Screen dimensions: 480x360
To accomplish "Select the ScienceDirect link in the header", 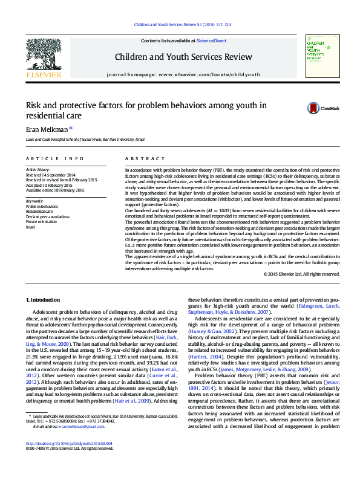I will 211,41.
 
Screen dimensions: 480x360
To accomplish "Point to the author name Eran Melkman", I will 47,129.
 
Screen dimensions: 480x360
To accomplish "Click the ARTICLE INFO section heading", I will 55,158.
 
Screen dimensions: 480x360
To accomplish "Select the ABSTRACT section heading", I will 144,158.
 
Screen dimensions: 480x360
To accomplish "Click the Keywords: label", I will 34,201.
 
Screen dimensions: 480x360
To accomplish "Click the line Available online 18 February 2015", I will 55,190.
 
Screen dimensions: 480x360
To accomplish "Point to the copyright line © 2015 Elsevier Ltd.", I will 301,274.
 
